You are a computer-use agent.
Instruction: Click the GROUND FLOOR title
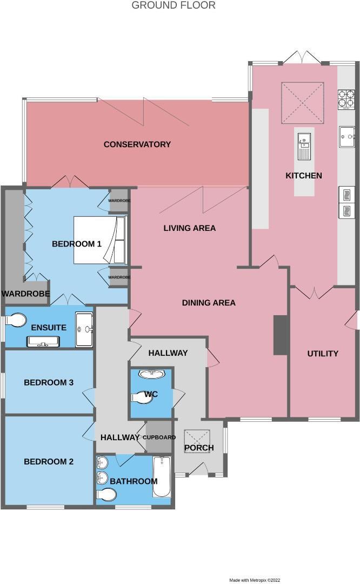pyautogui.click(x=174, y=5)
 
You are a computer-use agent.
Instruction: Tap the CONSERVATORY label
pyautogui.click(x=137, y=144)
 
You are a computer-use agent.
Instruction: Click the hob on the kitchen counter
pyautogui.click(x=346, y=99)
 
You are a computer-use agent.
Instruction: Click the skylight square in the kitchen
pyautogui.click(x=302, y=103)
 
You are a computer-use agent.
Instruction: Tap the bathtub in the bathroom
pyautogui.click(x=162, y=476)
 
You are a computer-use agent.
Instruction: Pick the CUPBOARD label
pyautogui.click(x=159, y=437)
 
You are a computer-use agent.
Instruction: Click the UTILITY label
pyautogui.click(x=323, y=354)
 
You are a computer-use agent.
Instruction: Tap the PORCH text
pyautogui.click(x=199, y=448)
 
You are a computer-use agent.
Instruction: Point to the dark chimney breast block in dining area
pyautogui.click(x=280, y=335)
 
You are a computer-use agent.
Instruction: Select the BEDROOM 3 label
pyautogui.click(x=49, y=382)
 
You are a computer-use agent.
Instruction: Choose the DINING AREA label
pyautogui.click(x=209, y=303)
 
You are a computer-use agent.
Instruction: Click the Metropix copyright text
pyautogui.click(x=255, y=580)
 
